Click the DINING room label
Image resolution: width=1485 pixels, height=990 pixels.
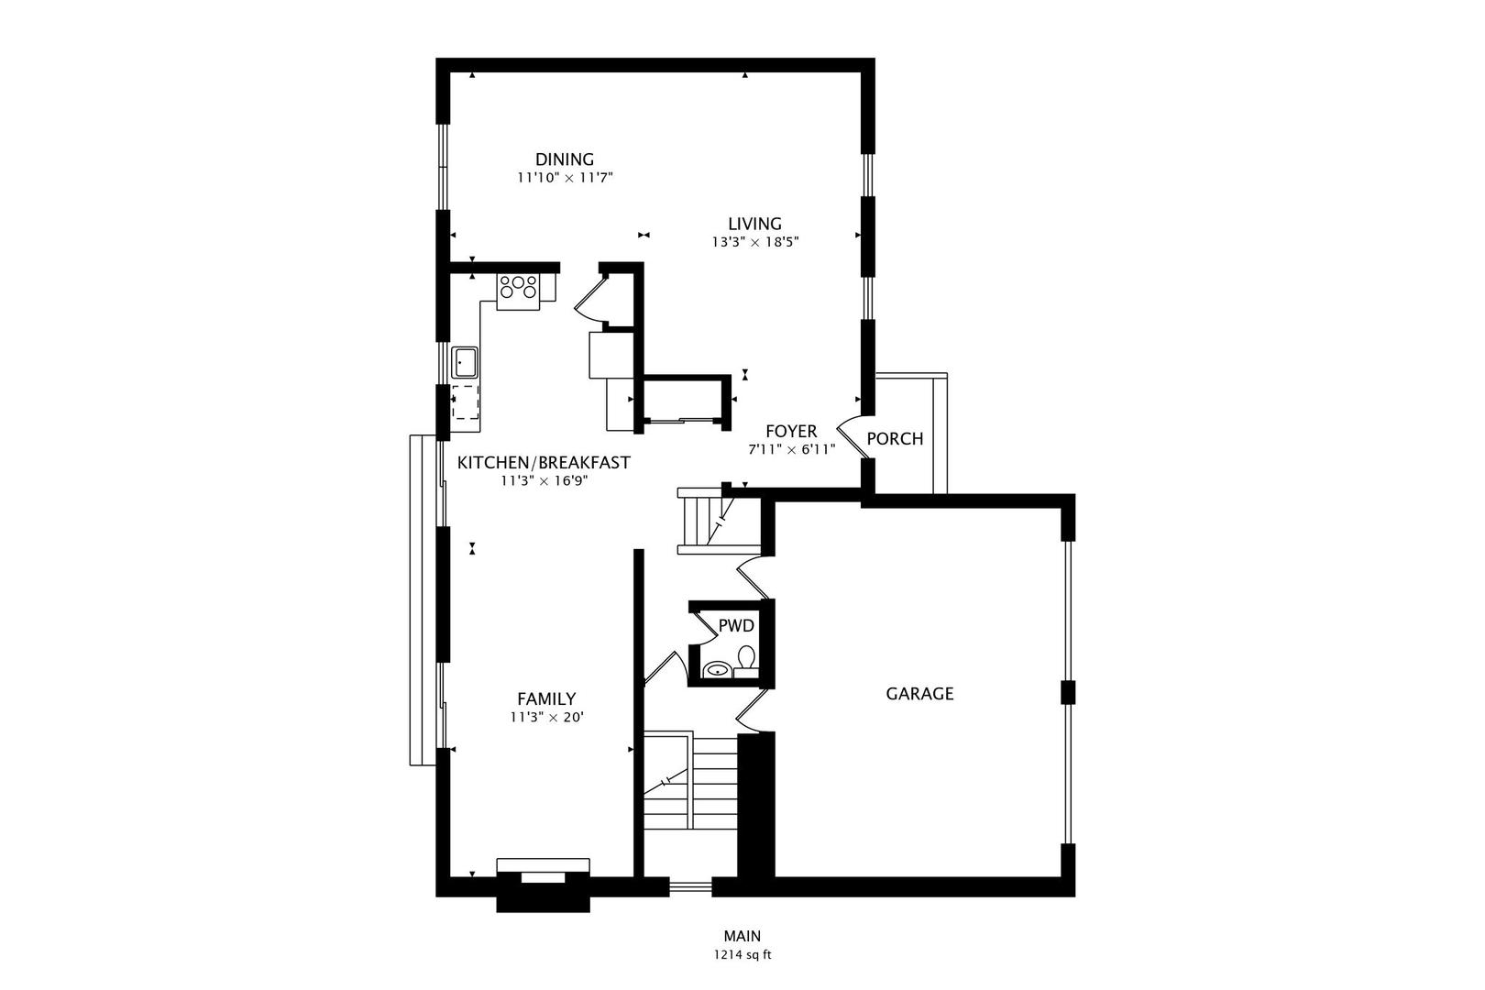coord(564,159)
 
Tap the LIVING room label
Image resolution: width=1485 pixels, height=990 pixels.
coord(755,225)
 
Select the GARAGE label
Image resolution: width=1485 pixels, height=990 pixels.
coord(919,694)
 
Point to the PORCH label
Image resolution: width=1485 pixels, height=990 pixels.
coord(895,439)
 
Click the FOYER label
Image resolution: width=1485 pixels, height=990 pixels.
coord(792,432)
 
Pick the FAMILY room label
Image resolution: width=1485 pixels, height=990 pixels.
coord(546,698)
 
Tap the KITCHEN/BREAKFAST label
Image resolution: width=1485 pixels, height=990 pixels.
coord(544,463)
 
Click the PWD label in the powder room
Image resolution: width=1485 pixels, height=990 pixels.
coord(736,626)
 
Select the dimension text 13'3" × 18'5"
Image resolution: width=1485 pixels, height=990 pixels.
coord(755,243)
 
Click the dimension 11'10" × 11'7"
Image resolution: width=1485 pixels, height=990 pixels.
coord(565,179)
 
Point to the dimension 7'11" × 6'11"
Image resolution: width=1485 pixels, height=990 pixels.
coord(792,449)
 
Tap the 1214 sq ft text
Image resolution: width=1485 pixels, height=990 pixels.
coord(742,955)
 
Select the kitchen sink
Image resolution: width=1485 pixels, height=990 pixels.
coord(465,363)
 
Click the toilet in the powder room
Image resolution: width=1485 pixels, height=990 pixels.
coord(746,661)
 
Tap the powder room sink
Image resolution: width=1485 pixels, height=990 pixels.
coord(716,670)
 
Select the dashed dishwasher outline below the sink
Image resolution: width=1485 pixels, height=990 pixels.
coord(466,401)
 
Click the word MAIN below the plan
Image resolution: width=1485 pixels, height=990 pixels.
coord(742,936)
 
